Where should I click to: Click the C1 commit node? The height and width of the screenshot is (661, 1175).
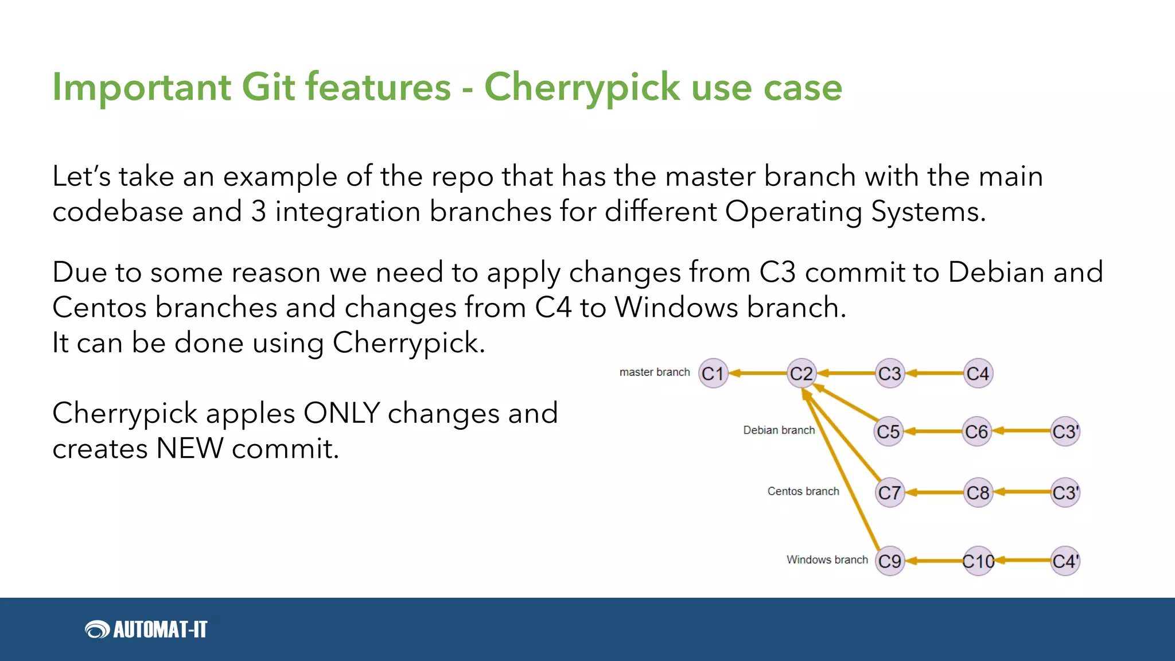tap(713, 374)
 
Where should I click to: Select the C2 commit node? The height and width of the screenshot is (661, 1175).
tap(802, 374)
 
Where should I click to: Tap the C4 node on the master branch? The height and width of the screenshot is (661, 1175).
tap(978, 374)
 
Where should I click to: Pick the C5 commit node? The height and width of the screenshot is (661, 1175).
tap(889, 431)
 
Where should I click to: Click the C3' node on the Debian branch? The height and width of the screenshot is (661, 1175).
tap(1065, 431)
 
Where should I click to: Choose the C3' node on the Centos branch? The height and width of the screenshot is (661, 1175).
tap(1065, 492)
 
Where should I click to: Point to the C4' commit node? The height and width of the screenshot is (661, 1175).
tap(1065, 561)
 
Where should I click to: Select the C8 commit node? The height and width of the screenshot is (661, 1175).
tap(978, 492)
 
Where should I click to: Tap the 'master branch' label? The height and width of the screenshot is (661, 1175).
tap(655, 372)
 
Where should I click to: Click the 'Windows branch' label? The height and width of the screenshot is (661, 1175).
tap(827, 559)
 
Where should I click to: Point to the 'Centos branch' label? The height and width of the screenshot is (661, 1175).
tap(803, 491)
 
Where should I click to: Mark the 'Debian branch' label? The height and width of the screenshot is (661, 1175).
tap(779, 430)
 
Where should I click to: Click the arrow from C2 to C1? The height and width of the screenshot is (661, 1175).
tap(757, 374)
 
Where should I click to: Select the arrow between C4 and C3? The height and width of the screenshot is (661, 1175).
tap(934, 374)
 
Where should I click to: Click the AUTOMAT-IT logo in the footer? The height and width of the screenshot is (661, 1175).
tap(146, 629)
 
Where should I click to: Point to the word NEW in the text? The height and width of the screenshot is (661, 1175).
tap(189, 448)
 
